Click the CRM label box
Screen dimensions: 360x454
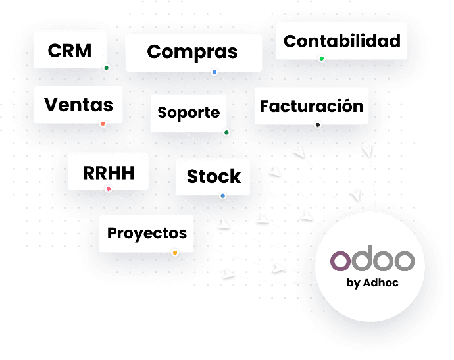click(69, 51)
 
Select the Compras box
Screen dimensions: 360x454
click(192, 52)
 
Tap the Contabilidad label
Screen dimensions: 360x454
click(341, 41)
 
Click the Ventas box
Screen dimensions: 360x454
click(78, 104)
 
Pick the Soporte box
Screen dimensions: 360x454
click(188, 113)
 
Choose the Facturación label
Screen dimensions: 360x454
click(311, 106)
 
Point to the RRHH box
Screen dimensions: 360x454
click(109, 172)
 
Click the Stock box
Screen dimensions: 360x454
click(213, 176)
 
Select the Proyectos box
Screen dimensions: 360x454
click(147, 233)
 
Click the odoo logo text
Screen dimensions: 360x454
click(372, 261)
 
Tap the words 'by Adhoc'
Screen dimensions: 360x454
click(372, 282)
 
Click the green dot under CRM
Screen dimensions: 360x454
click(106, 68)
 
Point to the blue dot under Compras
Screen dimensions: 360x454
click(214, 72)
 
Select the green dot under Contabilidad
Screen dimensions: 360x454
click(322, 59)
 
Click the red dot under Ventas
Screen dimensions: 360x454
click(103, 124)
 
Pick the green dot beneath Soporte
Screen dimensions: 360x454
click(226, 132)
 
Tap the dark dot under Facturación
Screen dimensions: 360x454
click(318, 124)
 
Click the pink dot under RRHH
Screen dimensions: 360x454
click(109, 190)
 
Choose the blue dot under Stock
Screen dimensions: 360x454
click(222, 195)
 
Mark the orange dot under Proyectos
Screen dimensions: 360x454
click(174, 253)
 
